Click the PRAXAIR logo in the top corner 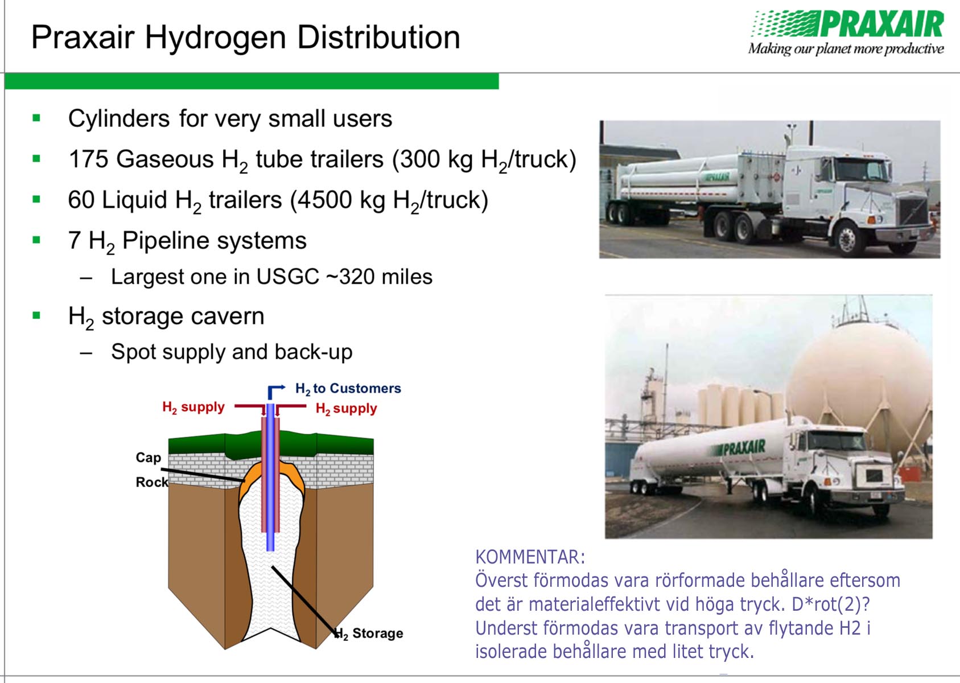(x=848, y=32)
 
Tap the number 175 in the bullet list (x=88, y=159)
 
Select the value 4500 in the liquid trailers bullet (x=326, y=200)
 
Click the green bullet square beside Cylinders (x=36, y=118)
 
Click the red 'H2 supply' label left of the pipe (x=193, y=408)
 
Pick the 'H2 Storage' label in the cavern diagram (x=369, y=633)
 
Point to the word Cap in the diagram (x=149, y=458)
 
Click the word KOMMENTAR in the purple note (x=530, y=557)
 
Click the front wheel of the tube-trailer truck (x=847, y=239)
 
